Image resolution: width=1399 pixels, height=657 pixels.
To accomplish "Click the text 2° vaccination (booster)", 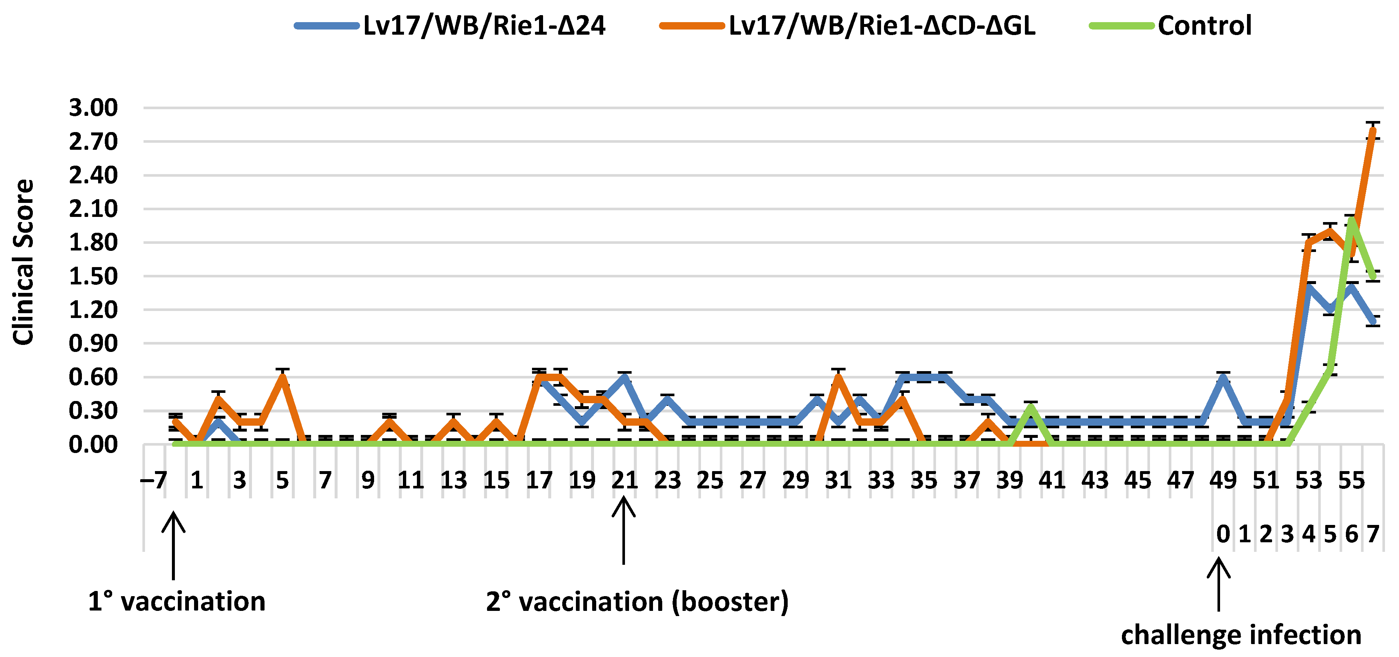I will point(637,602).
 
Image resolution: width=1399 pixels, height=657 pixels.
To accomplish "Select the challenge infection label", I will point(1241,635).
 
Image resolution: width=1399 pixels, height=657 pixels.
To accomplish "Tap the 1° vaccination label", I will point(176,602).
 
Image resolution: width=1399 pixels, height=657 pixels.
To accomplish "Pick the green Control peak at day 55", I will point(1351,220).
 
